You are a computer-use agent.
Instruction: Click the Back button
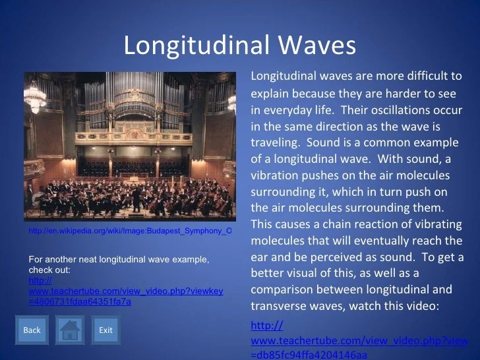32,330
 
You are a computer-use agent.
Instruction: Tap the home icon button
70,330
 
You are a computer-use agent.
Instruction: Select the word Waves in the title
317,45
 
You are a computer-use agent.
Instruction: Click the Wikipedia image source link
130,231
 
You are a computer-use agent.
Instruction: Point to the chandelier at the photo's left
34,97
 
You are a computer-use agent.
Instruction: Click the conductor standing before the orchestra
136,199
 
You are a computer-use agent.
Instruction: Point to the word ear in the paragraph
259,257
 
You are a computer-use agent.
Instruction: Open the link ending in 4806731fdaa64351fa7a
126,291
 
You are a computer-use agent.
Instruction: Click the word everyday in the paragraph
287,111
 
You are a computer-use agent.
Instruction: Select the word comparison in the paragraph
282,289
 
